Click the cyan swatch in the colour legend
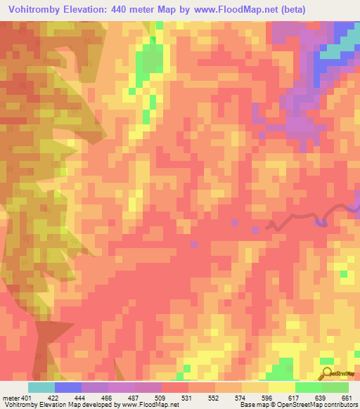41,387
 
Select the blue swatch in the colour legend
67,387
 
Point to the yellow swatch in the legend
281,387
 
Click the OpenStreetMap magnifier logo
327,373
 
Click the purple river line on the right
295,219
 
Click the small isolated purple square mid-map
193,244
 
